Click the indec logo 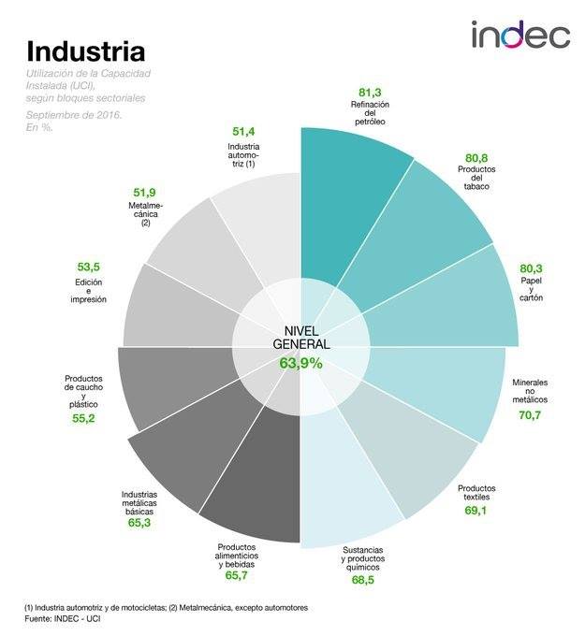pos(519,36)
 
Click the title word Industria pos(85,49)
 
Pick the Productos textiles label pos(479,492)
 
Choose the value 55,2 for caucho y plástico pos(84,418)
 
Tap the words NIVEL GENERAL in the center pos(300,337)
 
